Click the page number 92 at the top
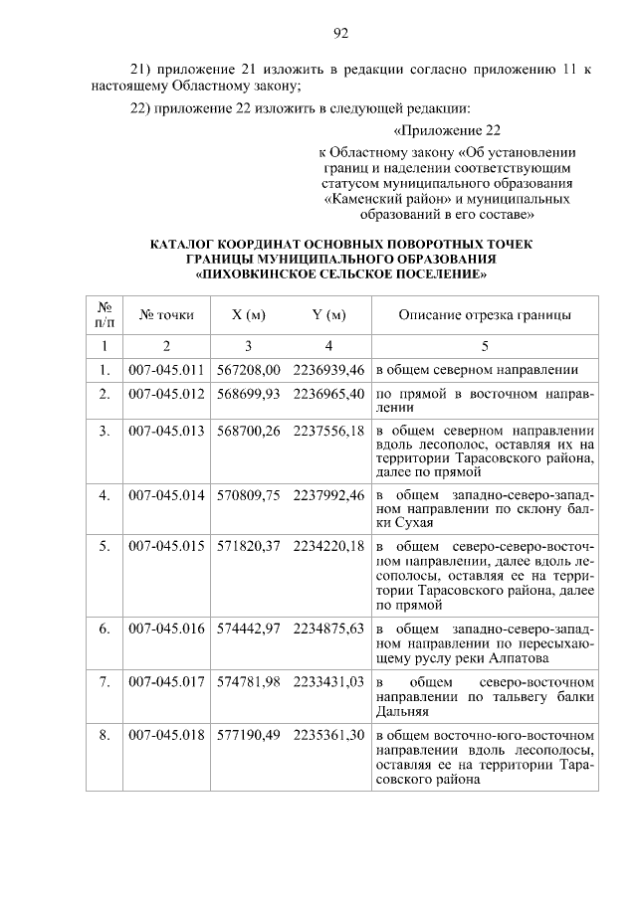[339, 34]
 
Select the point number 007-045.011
[166, 370]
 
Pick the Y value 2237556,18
[328, 430]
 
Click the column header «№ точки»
[166, 315]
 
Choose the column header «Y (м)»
[328, 315]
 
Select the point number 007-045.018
[166, 736]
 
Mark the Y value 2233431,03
[328, 681]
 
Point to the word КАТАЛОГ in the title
[186, 243]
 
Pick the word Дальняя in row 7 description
[402, 712]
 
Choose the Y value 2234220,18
[328, 547]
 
